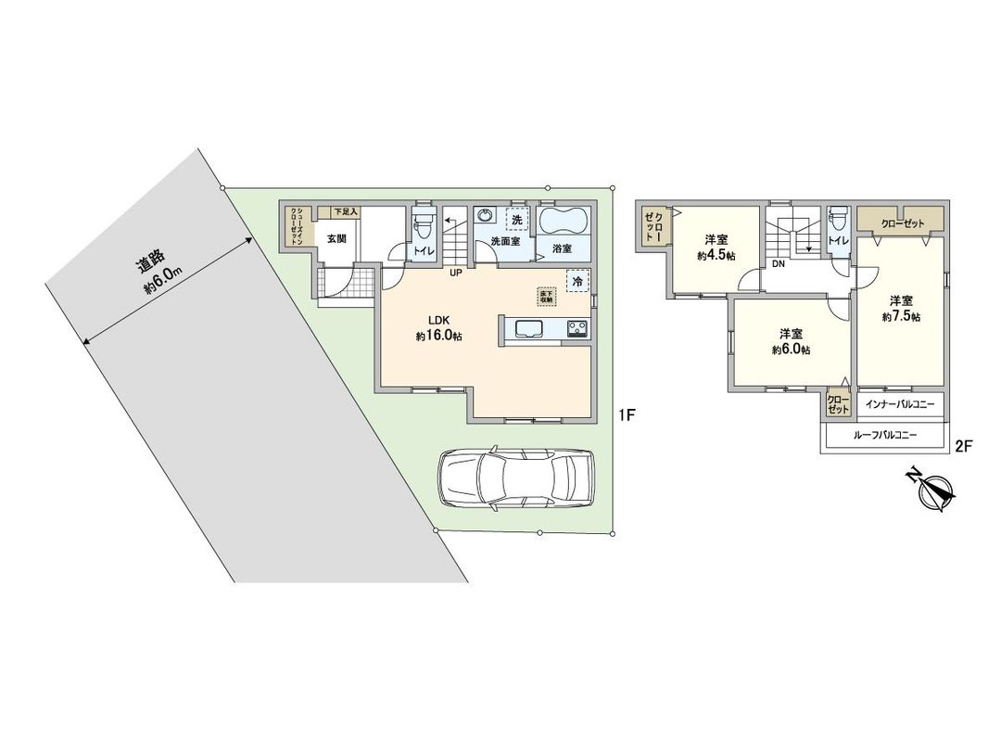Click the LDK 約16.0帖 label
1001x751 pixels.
[x=438, y=328]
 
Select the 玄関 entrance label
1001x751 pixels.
[x=336, y=238]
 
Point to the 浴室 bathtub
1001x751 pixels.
[x=563, y=223]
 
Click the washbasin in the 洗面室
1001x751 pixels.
[x=486, y=216]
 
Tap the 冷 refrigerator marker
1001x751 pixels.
[x=577, y=281]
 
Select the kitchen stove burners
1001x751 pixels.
[x=576, y=329]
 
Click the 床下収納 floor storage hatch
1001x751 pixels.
[x=546, y=296]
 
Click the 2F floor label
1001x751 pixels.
[x=963, y=446]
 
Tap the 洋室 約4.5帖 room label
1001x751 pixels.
[x=718, y=246]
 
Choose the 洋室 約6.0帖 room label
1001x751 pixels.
[x=791, y=341]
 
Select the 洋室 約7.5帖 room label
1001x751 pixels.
[x=901, y=308]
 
